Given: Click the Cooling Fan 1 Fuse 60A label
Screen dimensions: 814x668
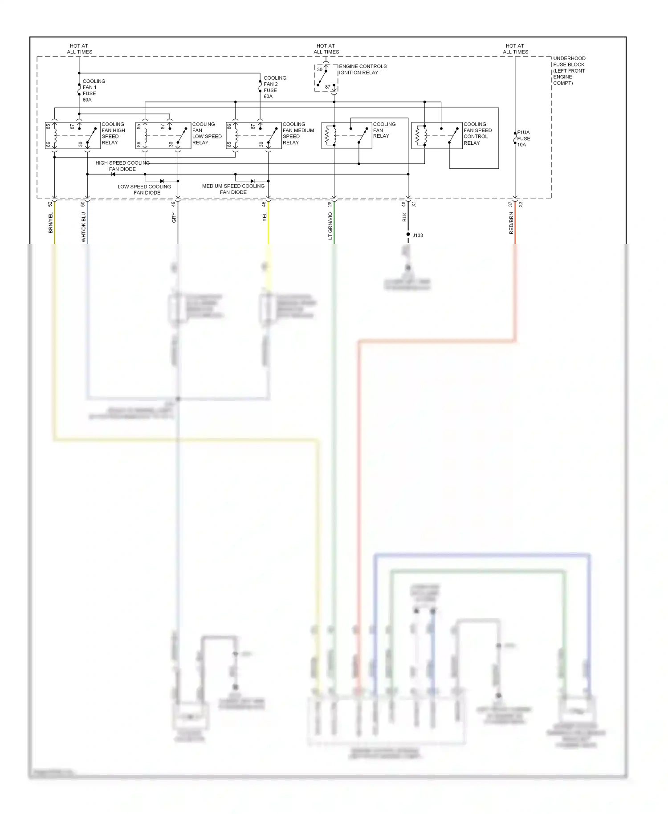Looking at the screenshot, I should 94,90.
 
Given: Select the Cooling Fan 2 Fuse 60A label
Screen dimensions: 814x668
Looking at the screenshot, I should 274,87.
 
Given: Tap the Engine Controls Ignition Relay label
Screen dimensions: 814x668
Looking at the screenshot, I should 363,69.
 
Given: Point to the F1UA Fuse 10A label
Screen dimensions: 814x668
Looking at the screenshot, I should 523,138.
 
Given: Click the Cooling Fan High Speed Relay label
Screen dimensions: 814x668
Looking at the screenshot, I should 113,134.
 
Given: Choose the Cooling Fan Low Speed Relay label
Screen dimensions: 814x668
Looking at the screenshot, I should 207,134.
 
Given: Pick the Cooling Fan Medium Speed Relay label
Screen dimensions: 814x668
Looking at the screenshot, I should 298,134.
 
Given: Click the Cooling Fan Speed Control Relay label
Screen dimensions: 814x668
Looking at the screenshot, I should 477,134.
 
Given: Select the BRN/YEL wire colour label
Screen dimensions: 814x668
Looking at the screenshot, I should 51,223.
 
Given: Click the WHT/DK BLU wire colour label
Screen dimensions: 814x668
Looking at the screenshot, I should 83,227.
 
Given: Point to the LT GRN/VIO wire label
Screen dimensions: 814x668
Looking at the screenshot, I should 330,226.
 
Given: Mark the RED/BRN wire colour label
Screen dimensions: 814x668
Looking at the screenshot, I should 511,223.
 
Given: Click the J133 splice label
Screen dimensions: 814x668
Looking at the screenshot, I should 418,236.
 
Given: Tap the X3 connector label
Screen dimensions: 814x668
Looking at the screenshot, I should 521,204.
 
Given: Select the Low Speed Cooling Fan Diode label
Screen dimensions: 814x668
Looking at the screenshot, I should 144,190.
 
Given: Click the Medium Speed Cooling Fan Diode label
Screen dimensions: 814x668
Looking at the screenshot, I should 233,189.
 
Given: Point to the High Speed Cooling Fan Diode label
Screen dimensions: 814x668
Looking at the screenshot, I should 122,166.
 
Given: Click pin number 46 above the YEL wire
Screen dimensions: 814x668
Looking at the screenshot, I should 264,204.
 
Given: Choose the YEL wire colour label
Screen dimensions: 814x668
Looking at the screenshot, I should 265,217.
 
